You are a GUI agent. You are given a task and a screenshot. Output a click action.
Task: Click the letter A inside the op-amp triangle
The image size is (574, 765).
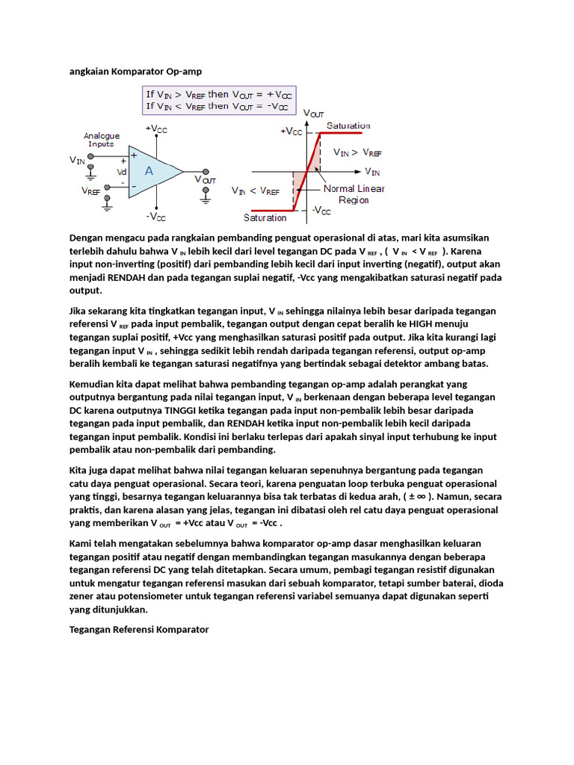pos(149,171)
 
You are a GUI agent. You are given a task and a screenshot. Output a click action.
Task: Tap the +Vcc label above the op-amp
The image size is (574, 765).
pos(156,128)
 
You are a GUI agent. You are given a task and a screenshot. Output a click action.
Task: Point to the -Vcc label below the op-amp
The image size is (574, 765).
pos(156,217)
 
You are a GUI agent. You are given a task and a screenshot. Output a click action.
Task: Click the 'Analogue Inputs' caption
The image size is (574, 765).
pos(101,140)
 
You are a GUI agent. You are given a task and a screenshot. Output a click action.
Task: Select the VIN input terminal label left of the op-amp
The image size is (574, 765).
pos(77,159)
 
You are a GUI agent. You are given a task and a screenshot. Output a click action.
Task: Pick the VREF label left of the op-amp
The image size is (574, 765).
pos(91,191)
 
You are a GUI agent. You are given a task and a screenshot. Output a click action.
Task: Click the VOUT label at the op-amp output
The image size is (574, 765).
pos(206,179)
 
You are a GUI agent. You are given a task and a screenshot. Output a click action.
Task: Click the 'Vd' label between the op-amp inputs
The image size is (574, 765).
pos(121,171)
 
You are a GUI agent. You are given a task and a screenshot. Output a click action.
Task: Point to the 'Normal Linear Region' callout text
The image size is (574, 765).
pos(354,194)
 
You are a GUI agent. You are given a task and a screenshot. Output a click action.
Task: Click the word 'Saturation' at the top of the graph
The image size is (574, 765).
pos(348,126)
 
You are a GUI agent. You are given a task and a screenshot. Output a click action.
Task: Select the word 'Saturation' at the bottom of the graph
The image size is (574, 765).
pos(265,218)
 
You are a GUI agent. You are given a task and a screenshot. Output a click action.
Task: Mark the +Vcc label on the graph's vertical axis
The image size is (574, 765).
pos(291,131)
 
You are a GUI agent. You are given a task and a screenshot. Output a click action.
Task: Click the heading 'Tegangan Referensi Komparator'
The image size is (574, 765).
pos(139,630)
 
